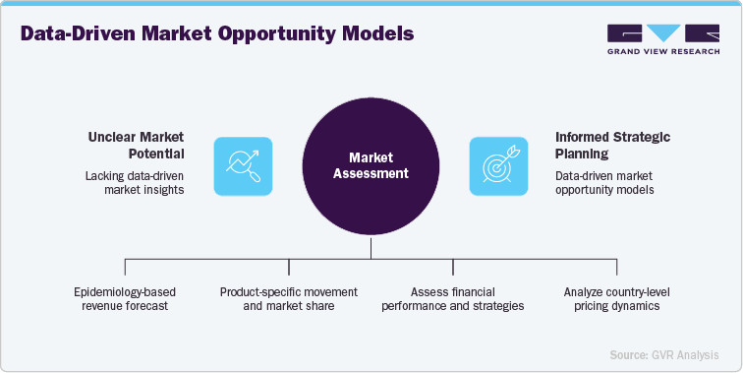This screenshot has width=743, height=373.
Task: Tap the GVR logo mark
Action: [x=660, y=32]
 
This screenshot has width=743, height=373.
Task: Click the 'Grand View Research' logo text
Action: [x=660, y=52]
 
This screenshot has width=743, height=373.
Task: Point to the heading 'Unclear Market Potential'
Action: [x=135, y=145]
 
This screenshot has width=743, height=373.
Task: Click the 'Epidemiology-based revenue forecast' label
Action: [x=126, y=298]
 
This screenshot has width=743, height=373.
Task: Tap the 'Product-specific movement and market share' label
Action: [x=289, y=298]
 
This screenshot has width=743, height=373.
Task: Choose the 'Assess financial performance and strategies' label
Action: [x=452, y=298]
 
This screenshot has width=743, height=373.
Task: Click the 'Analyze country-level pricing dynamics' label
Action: [x=616, y=298]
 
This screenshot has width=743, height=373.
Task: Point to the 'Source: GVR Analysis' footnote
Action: [x=663, y=353]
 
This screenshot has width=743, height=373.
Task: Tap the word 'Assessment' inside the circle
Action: [x=371, y=173]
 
